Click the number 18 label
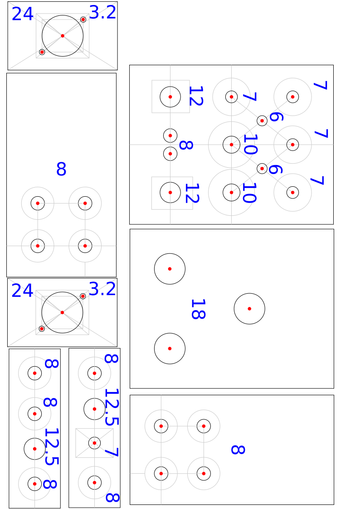[x=198, y=309]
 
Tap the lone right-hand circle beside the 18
[x=249, y=293]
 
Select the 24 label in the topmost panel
[x=22, y=14]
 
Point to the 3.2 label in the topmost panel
[x=102, y=13]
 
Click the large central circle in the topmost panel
[x=63, y=15]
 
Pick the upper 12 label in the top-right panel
[x=196, y=96]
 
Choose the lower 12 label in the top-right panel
[x=192, y=193]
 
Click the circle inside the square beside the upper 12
[x=170, y=87]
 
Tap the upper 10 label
[x=250, y=145]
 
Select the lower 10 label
[x=250, y=193]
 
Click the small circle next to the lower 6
[x=262, y=164]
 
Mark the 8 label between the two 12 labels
[x=186, y=145]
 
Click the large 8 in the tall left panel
[x=61, y=169]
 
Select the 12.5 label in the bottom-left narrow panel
[x=51, y=446]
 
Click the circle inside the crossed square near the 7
[x=94, y=437]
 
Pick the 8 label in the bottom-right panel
[x=238, y=450]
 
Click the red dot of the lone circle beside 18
[x=249, y=309]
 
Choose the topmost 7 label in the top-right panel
[x=321, y=85]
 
